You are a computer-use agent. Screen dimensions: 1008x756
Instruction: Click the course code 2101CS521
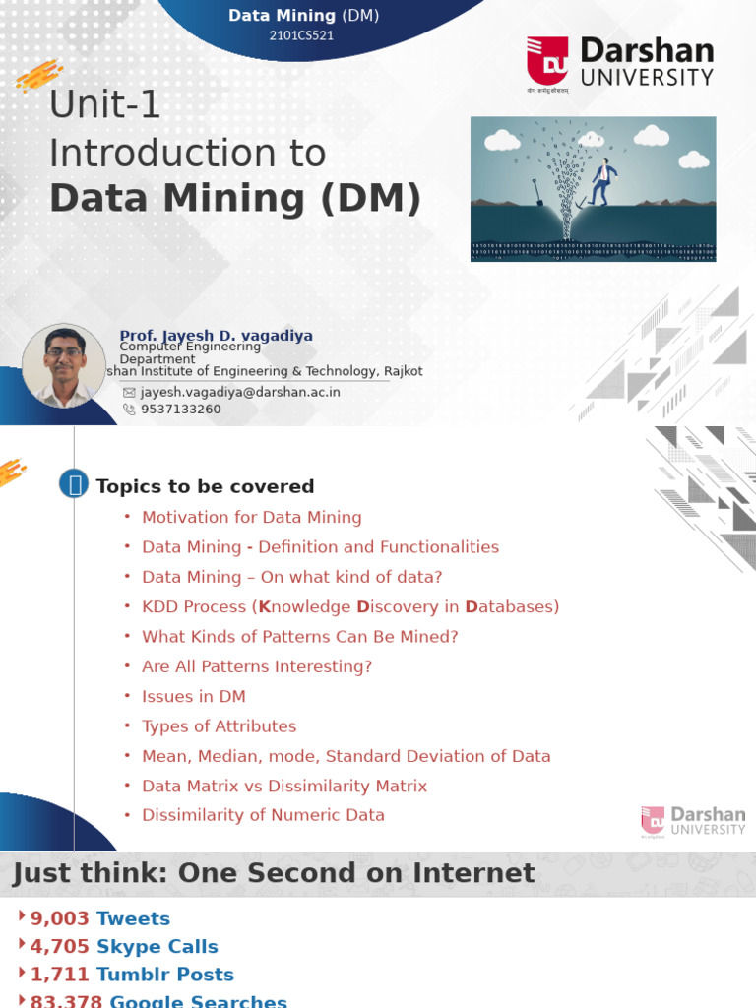click(x=303, y=35)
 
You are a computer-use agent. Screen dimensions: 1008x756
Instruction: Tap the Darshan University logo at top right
click(x=619, y=64)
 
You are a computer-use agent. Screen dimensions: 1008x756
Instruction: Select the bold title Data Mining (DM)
click(x=235, y=198)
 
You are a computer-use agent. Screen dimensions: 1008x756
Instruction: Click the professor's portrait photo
click(x=64, y=365)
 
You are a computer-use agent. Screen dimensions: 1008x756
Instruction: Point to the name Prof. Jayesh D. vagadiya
click(x=216, y=336)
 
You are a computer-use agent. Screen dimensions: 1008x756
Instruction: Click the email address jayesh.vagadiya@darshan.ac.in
click(x=240, y=391)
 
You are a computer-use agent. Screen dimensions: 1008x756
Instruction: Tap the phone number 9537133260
click(x=181, y=409)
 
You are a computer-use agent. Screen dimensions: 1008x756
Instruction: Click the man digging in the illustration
click(x=601, y=181)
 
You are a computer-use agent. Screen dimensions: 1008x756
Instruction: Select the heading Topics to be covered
click(x=205, y=486)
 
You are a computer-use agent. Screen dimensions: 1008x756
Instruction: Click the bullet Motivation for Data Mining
click(x=251, y=517)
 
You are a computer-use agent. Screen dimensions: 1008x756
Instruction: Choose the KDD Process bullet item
click(x=350, y=606)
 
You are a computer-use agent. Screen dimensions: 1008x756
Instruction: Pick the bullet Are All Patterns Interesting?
click(x=257, y=666)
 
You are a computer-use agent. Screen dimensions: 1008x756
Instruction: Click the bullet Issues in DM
click(x=194, y=696)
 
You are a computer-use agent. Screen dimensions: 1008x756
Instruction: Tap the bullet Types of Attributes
click(x=219, y=726)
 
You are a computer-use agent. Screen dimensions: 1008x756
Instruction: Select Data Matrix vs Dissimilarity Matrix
click(x=284, y=786)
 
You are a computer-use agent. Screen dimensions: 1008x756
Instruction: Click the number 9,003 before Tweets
click(x=60, y=918)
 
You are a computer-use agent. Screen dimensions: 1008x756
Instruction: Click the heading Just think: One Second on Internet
click(x=274, y=873)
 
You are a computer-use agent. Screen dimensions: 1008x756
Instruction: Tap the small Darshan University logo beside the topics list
click(x=693, y=821)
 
